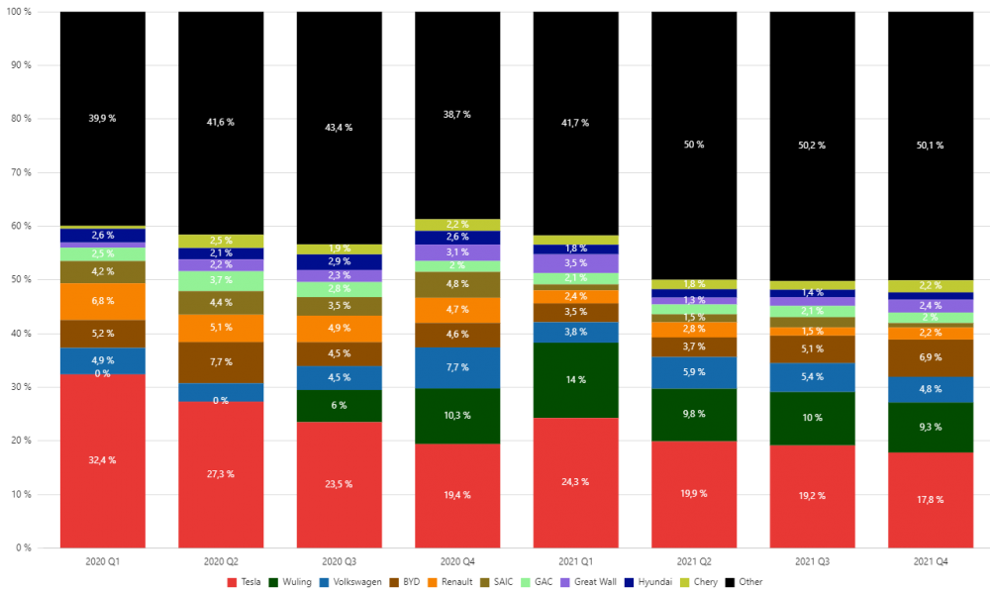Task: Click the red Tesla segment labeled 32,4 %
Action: (103, 460)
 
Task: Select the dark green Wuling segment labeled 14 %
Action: (575, 380)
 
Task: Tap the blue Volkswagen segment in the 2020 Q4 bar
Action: (457, 367)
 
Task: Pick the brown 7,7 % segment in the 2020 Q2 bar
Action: (221, 363)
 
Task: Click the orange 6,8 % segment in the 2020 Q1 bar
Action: (103, 301)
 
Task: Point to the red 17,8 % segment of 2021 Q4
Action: (931, 500)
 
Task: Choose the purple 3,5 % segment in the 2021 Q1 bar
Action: (575, 263)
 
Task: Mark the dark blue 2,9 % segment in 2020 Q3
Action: (339, 261)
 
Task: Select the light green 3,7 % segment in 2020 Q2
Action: (221, 281)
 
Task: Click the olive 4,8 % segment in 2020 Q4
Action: (457, 284)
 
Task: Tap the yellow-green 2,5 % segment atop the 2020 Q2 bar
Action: (221, 241)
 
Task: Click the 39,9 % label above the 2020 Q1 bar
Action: (102, 119)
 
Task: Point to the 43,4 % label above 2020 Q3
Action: (339, 128)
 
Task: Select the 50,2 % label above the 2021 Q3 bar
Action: (812, 146)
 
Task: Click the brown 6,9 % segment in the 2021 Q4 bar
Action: (931, 357)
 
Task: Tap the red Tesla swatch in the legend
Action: (233, 582)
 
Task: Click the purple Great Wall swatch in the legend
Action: (565, 582)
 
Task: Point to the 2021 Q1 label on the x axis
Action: (575, 561)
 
